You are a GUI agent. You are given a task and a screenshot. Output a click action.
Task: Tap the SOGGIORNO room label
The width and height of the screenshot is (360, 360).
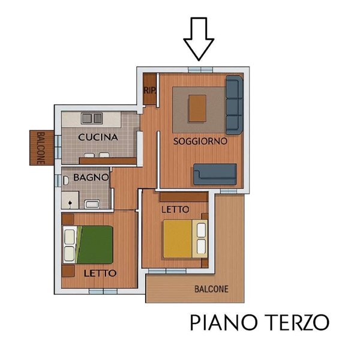pyautogui.click(x=200, y=142)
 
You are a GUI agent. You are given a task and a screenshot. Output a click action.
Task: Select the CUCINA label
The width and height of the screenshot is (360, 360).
pyautogui.click(x=98, y=137)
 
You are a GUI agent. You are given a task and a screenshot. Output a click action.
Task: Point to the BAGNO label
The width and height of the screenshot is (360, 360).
pyautogui.click(x=91, y=178)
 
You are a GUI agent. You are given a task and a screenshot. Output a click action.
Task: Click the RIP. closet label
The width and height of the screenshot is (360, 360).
pyautogui.click(x=149, y=90)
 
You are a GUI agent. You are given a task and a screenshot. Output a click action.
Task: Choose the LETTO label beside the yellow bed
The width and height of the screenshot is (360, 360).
pyautogui.click(x=175, y=209)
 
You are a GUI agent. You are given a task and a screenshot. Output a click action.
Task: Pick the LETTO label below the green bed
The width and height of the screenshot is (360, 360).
pyautogui.click(x=100, y=273)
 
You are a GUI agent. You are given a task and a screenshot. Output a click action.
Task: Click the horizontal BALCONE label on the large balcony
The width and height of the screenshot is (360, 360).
pyautogui.click(x=211, y=289)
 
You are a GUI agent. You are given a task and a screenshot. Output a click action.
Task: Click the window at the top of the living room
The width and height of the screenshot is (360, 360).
pyautogui.click(x=199, y=70)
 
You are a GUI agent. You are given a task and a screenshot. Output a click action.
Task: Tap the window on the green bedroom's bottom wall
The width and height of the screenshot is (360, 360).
pyautogui.click(x=103, y=291)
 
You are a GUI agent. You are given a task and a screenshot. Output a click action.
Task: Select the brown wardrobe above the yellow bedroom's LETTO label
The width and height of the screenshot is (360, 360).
pyautogui.click(x=183, y=197)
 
